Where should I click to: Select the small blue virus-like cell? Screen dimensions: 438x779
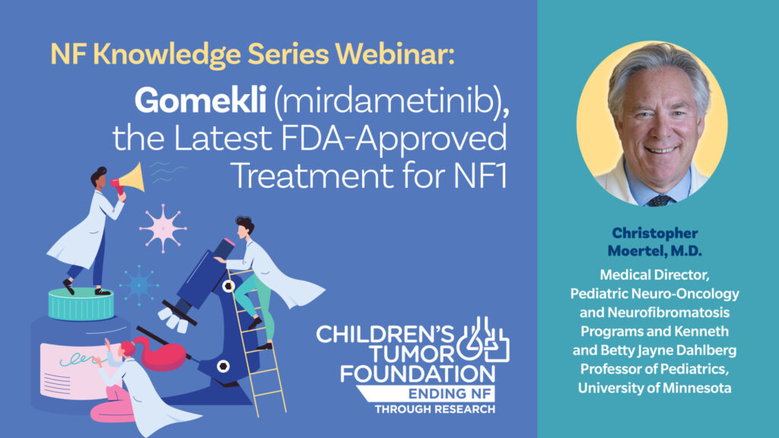click(x=140, y=285)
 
